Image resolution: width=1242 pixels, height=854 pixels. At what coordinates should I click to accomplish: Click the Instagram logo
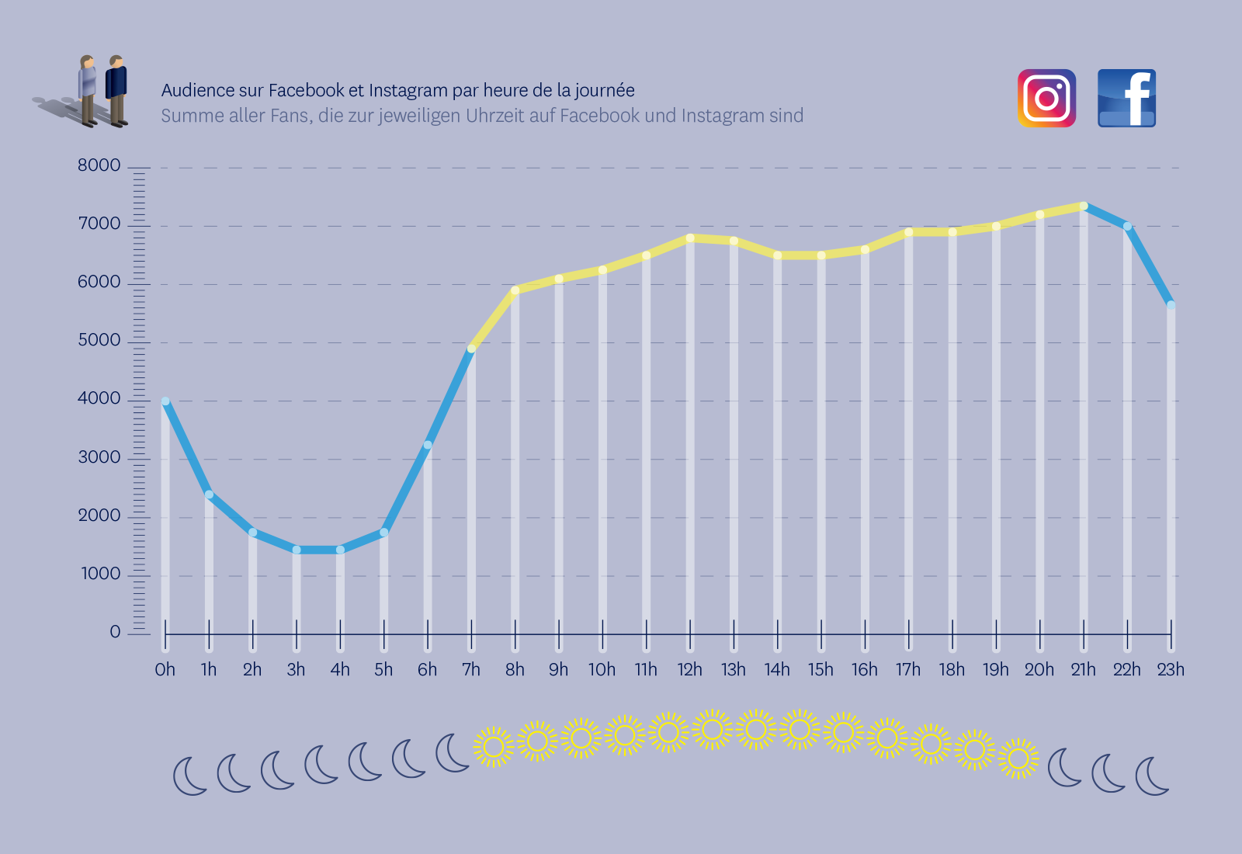point(1046,98)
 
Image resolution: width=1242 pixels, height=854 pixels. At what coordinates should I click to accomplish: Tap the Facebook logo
point(1126,98)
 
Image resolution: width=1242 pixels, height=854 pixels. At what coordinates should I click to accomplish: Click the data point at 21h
point(1084,206)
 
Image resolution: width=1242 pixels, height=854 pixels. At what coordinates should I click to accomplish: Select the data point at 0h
point(165,401)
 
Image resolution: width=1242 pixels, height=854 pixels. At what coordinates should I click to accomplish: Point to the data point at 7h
point(471,349)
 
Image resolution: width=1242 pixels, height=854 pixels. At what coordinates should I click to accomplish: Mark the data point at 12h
point(690,238)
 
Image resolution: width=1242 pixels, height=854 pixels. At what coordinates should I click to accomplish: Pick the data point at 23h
point(1171,305)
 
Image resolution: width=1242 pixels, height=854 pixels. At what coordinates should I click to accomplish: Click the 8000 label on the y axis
point(99,165)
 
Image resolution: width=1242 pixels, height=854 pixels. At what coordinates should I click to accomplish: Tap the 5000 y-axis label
point(99,340)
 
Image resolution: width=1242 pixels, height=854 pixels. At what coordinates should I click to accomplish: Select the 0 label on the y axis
point(115,632)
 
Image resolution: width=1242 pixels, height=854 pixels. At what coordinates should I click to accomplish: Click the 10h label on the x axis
point(602,669)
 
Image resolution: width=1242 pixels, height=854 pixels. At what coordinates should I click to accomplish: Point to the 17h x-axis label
point(908,669)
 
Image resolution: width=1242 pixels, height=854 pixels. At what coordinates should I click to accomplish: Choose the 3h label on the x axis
point(296,669)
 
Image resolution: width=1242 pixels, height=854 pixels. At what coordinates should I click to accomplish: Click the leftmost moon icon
point(189,776)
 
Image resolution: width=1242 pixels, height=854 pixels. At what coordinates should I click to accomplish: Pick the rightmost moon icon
point(1152,776)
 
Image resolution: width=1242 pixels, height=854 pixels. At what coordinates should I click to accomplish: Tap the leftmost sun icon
point(493,747)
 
